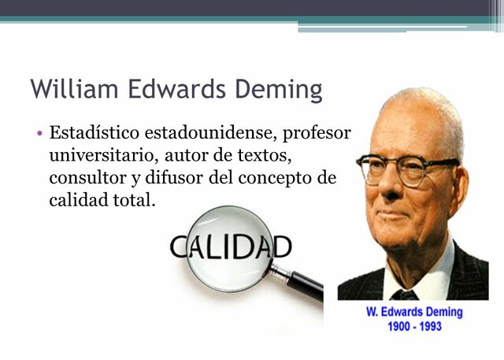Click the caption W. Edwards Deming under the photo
(x=414, y=312)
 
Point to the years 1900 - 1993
(x=414, y=325)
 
